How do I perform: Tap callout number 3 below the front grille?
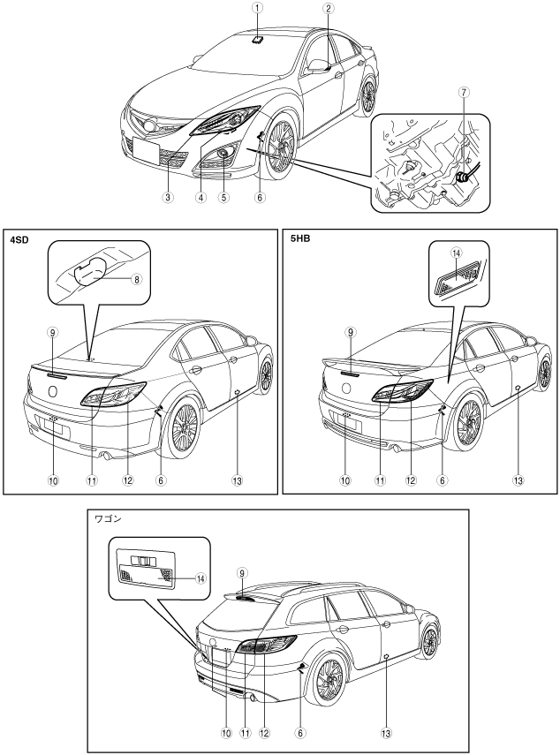coord(168,198)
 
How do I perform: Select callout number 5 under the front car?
coord(224,198)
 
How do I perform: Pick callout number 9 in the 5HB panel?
coord(351,333)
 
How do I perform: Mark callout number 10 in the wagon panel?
coord(225,732)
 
